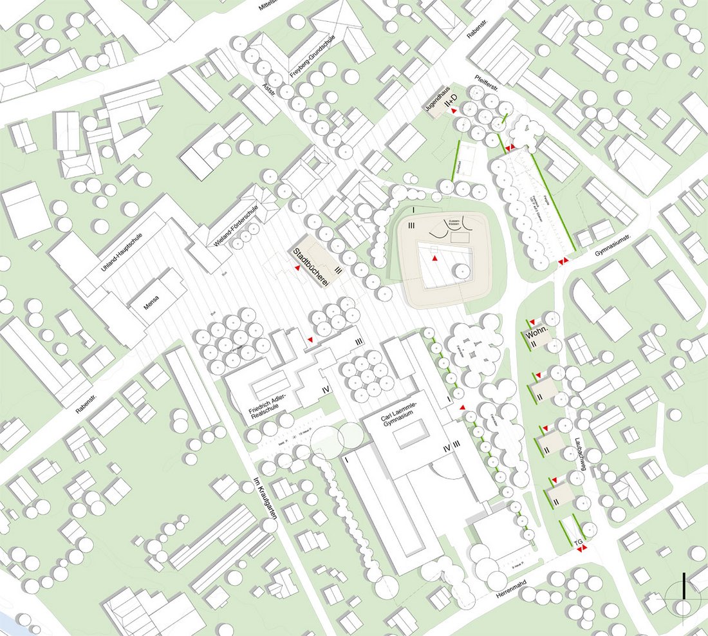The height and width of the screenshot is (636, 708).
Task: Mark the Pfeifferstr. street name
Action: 490,82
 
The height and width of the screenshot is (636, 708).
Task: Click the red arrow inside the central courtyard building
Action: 436,258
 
